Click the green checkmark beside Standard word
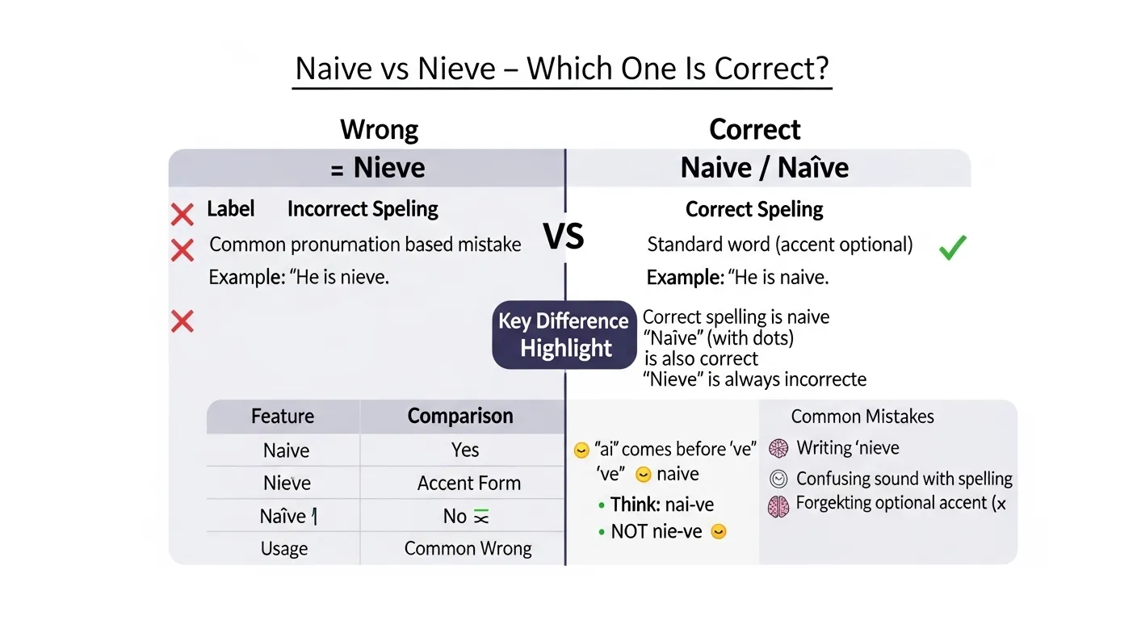click(x=953, y=248)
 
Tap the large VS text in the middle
click(x=564, y=237)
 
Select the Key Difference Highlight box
click(x=564, y=335)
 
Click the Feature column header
click(x=283, y=417)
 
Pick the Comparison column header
click(x=460, y=417)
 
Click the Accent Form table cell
click(x=468, y=484)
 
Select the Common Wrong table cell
click(x=468, y=549)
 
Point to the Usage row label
click(x=284, y=549)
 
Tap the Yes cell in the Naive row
click(x=465, y=450)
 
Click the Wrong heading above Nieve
click(x=379, y=129)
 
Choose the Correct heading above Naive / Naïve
click(x=754, y=129)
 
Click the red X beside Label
click(x=183, y=214)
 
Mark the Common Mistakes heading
click(x=862, y=417)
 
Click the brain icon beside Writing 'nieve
click(x=778, y=449)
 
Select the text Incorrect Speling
click(x=363, y=209)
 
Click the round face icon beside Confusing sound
click(x=778, y=479)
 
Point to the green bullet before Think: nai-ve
click(x=602, y=505)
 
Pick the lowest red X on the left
click(x=183, y=322)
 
